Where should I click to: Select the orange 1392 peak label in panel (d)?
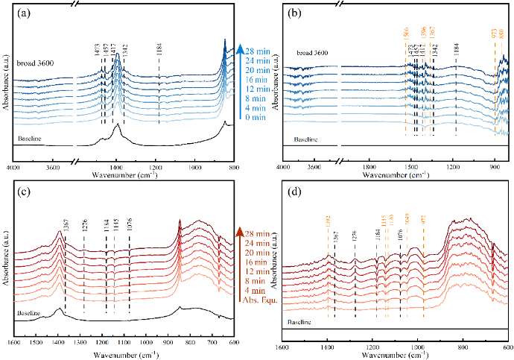328,224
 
